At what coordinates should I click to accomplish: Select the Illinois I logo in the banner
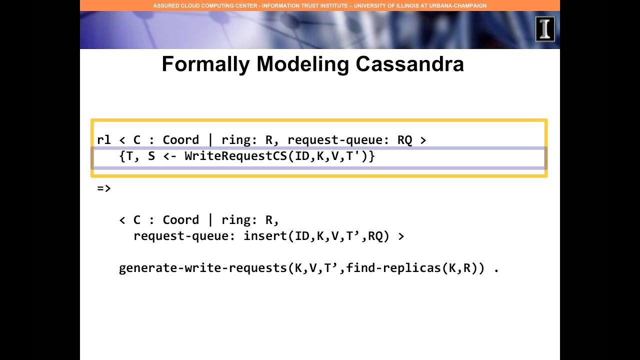(544, 29)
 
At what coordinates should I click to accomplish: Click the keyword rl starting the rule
(103, 140)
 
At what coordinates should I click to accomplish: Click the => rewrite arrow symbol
(103, 188)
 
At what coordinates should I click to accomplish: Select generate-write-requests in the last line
(202, 268)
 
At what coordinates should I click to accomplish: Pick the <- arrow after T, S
(169, 156)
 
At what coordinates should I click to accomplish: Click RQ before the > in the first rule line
(404, 140)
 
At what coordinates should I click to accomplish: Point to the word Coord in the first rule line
(181, 140)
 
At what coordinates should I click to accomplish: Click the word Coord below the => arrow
(181, 220)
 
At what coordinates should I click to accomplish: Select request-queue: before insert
(184, 236)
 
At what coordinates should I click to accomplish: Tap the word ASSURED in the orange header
(165, 5)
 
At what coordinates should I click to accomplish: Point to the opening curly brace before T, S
(122, 156)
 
